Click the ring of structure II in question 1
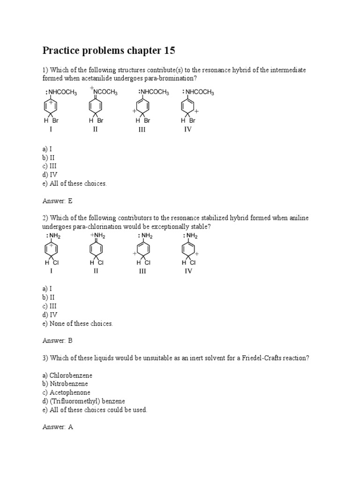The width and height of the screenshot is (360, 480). point(96,107)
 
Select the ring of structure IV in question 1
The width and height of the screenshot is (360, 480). point(187,107)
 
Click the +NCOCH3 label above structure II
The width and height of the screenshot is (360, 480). point(104,91)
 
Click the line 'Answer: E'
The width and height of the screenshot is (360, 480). point(57,201)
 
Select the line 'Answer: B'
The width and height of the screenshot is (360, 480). point(57,341)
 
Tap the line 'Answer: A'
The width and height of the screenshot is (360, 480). point(57,427)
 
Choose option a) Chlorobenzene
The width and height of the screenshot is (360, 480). point(67,375)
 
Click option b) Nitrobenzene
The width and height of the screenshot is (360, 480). point(65,384)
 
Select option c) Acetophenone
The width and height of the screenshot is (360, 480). point(66,392)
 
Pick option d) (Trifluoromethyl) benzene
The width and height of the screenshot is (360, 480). point(83,401)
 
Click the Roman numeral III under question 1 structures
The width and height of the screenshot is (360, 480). point(142,129)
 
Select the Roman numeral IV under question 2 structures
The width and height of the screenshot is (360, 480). point(188,271)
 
